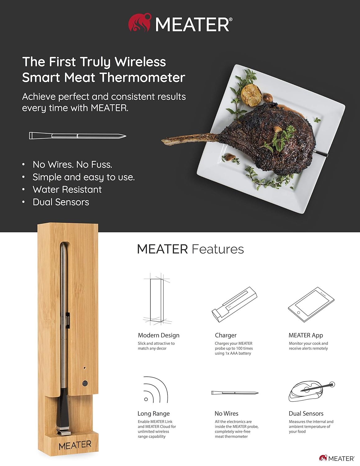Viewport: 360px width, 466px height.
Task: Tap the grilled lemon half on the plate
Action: click(x=251, y=95)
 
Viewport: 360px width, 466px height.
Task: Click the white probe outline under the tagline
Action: click(x=78, y=135)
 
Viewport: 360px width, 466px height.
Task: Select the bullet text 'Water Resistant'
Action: click(x=67, y=190)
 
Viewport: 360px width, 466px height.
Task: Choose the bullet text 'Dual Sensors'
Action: click(x=61, y=202)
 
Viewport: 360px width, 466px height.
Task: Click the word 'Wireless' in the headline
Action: click(x=140, y=62)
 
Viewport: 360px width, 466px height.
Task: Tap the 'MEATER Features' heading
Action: click(x=190, y=249)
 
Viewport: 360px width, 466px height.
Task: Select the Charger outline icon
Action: click(x=234, y=304)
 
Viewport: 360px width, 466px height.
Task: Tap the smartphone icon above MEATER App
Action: click(x=311, y=304)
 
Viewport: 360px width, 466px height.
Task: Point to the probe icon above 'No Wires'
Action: click(x=235, y=393)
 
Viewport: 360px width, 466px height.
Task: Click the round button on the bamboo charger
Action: click(x=85, y=383)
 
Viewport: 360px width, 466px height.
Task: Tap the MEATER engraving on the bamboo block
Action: click(x=75, y=445)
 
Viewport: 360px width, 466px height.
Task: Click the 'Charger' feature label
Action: click(x=226, y=335)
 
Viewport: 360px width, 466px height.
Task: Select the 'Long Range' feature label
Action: click(x=153, y=413)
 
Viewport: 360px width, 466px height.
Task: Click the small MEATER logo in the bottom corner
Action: click(x=337, y=458)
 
